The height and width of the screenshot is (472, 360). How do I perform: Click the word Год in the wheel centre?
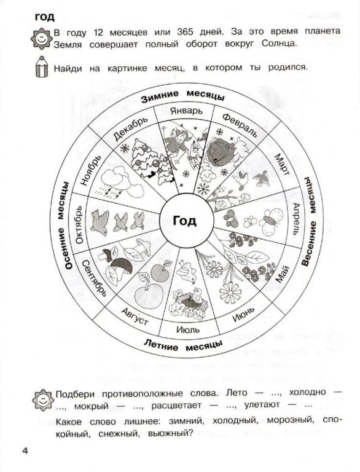[184, 221]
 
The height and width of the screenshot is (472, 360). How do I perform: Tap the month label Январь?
[186, 111]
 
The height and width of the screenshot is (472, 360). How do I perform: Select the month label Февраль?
[239, 125]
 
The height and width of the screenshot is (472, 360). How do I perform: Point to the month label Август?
[135, 317]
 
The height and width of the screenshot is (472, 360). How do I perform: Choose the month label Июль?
[187, 329]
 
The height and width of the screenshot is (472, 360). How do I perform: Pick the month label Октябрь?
[79, 224]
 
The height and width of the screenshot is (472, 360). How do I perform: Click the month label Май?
[282, 275]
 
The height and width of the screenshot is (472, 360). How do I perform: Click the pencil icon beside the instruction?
[42, 66]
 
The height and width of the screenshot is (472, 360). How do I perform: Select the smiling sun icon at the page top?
[42, 39]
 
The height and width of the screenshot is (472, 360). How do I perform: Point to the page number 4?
[25, 451]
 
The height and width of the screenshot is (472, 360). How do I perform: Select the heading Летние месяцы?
[183, 345]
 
